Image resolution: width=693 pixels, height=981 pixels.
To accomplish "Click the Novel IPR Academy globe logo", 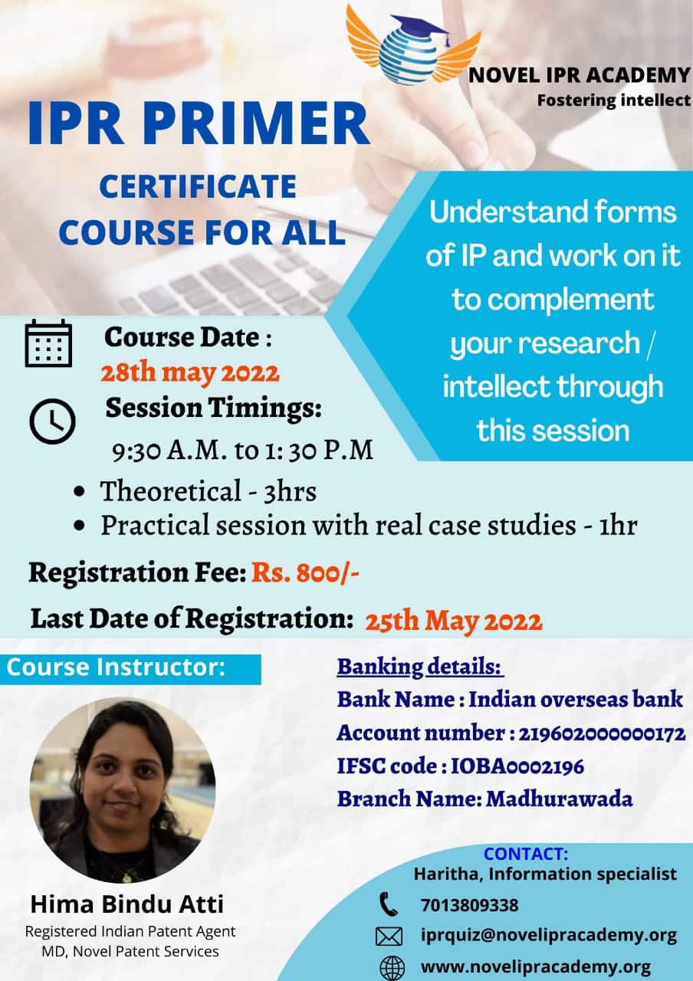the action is [x=413, y=44].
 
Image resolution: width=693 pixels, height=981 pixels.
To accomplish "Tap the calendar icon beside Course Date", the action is [x=48, y=343].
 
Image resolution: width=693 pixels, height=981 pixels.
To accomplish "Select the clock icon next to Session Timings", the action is [x=53, y=422].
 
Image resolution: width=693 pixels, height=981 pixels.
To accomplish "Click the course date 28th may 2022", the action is [x=190, y=373].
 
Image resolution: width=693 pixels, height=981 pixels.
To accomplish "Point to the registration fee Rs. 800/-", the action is [x=305, y=573].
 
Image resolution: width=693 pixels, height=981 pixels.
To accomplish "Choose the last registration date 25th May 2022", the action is [x=454, y=621].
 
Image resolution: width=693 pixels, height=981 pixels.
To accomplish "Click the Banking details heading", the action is [x=419, y=667].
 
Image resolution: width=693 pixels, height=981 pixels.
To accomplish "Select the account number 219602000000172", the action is [x=602, y=733].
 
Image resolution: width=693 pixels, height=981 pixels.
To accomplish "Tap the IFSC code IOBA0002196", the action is [x=517, y=766].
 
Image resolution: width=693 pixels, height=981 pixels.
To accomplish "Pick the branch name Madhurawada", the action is [x=560, y=799].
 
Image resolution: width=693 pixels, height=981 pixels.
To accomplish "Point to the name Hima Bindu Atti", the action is [x=127, y=904].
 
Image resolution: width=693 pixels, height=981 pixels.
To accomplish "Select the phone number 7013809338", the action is [x=470, y=905].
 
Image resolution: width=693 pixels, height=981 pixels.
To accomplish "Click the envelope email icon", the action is [x=389, y=937].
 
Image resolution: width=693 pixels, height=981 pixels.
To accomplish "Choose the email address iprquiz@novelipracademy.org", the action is [x=549, y=936].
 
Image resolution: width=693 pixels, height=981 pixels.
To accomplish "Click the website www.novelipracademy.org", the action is [x=536, y=966].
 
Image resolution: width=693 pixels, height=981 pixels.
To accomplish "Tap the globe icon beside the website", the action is [x=392, y=967].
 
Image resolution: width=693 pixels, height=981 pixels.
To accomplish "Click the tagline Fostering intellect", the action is [x=614, y=100].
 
